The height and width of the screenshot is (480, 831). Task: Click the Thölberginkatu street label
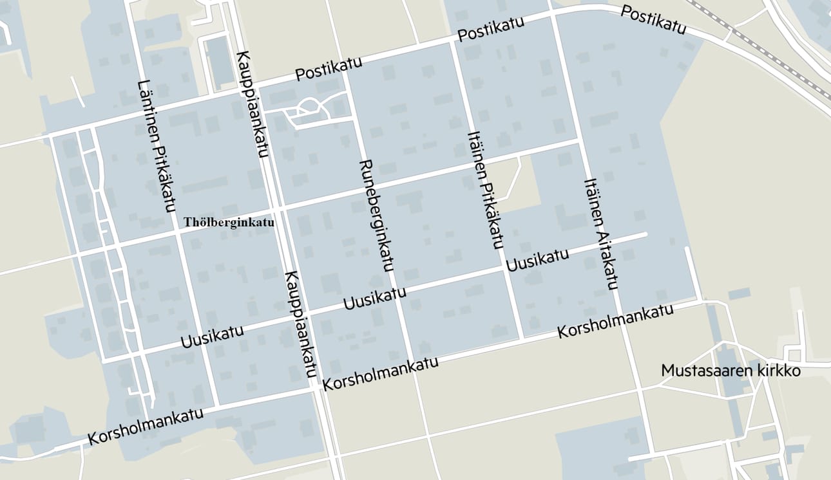point(229,223)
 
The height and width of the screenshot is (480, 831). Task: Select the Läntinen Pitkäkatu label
point(157,146)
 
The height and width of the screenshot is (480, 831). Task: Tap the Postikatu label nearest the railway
point(653,20)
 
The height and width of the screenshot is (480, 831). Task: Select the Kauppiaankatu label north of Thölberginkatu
point(253,103)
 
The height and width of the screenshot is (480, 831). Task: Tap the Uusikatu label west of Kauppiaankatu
point(212,335)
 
